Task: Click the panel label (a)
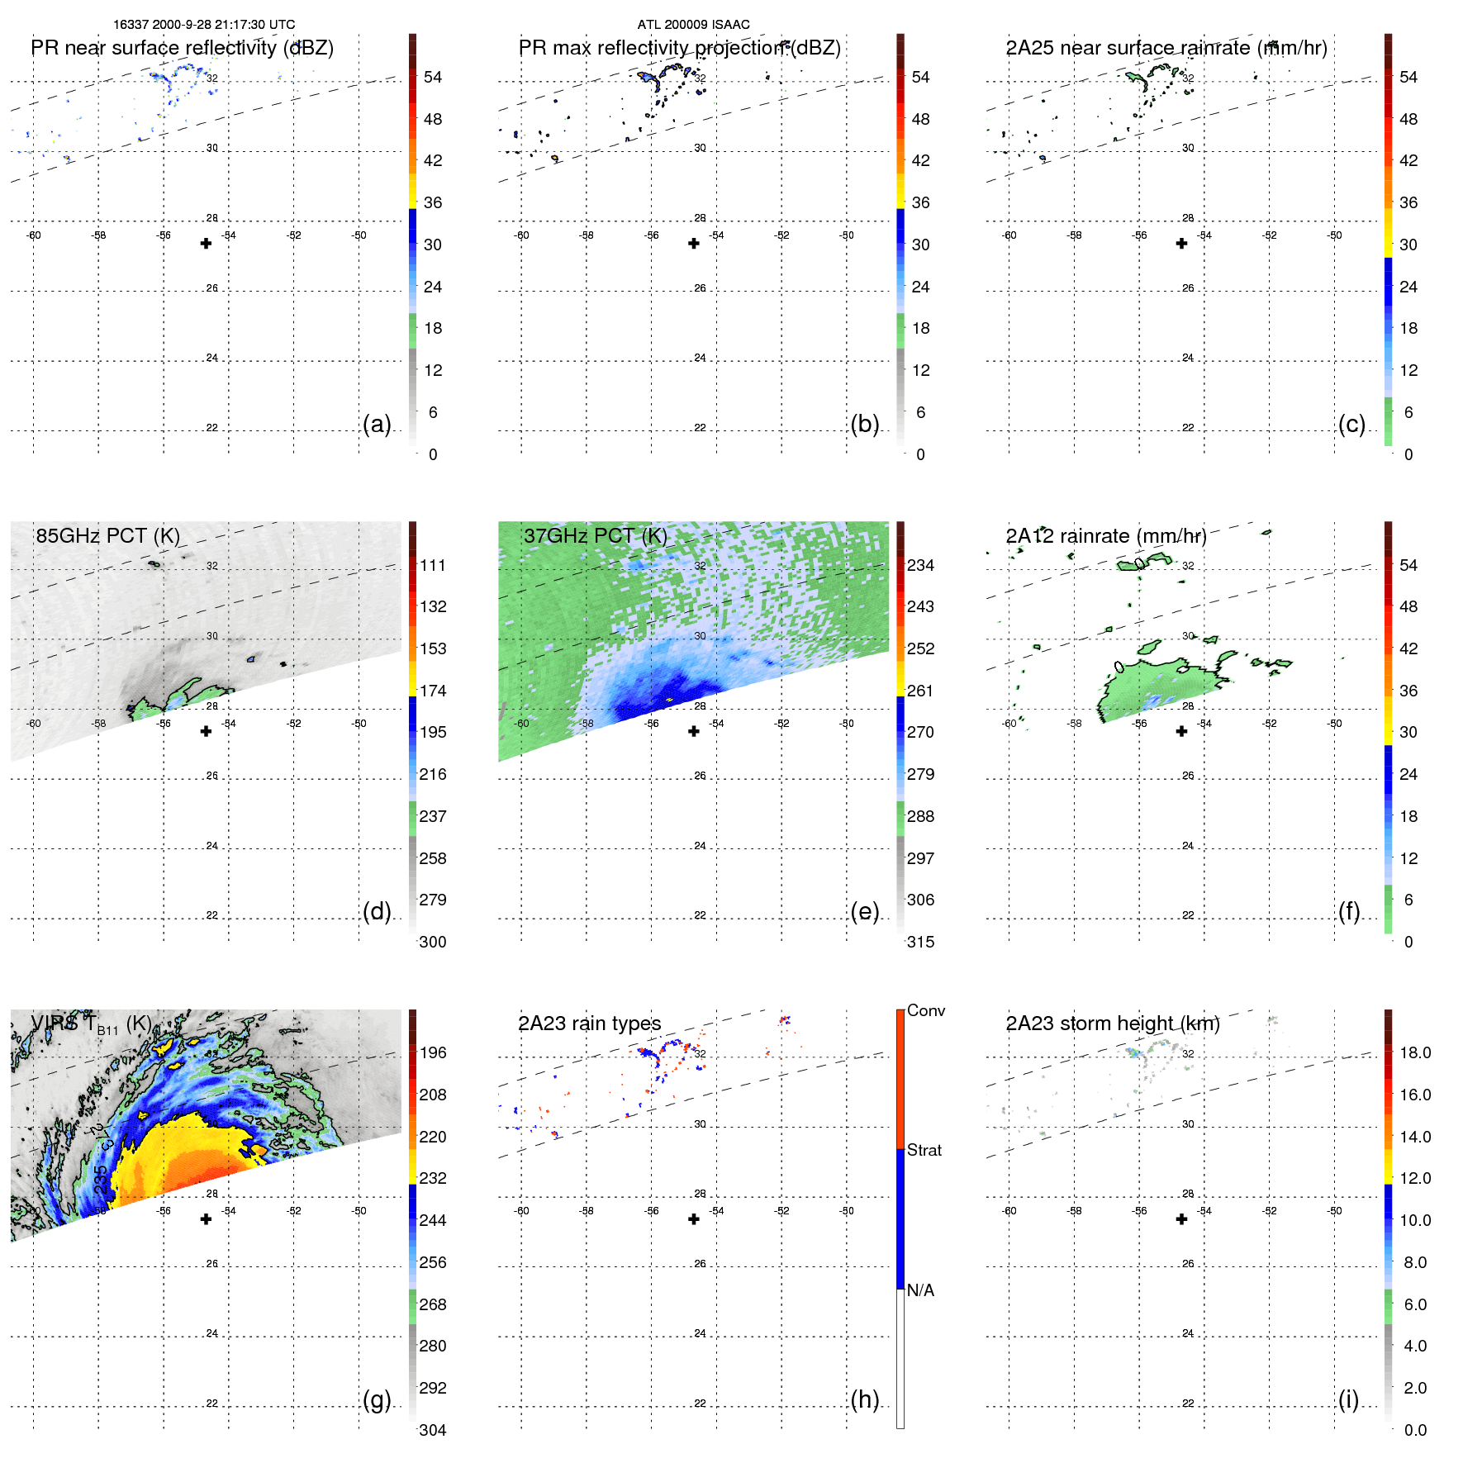[376, 424]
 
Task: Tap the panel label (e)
[864, 911]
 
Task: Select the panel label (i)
[1348, 1399]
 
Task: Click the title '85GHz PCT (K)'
[107, 535]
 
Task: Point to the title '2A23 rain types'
[589, 1024]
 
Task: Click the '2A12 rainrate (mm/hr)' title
[1105, 535]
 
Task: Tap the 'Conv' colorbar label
[925, 1010]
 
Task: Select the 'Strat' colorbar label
[924, 1150]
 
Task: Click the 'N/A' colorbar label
[920, 1290]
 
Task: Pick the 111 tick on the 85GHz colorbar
[432, 565]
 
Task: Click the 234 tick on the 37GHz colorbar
[920, 565]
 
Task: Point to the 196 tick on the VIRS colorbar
[432, 1052]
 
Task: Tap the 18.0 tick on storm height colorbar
[1414, 1052]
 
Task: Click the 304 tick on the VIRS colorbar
[432, 1430]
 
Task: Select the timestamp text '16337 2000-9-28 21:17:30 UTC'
[204, 25]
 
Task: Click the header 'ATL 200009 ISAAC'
[693, 25]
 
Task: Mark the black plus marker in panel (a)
[206, 243]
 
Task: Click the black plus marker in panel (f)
[1181, 731]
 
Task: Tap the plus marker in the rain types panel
[694, 1218]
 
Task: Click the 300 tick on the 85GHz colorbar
[432, 942]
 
